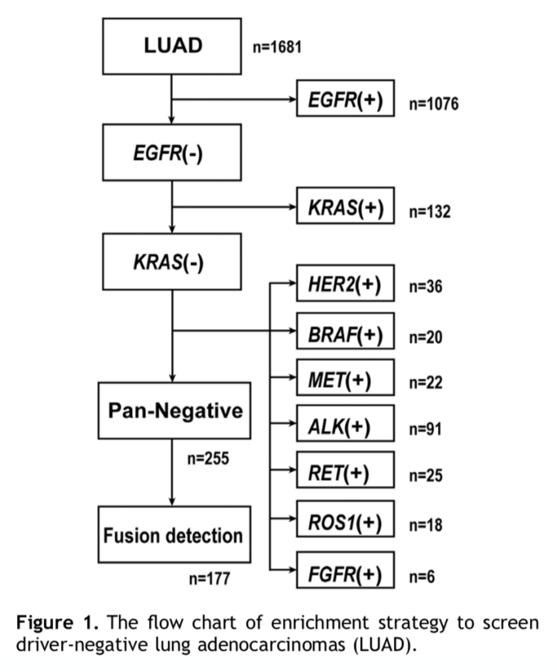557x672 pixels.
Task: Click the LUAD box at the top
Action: (172, 46)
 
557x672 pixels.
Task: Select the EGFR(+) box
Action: (345, 98)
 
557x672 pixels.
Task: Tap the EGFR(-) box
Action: (172, 152)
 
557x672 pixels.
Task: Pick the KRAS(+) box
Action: (345, 206)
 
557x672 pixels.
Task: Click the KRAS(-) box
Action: (172, 261)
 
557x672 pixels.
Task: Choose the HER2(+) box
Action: (345, 283)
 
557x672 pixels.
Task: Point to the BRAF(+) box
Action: (345, 332)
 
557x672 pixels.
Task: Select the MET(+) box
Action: (345, 378)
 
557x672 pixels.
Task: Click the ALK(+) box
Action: (345, 424)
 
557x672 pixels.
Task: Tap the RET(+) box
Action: (345, 470)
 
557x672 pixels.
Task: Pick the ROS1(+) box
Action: (345, 519)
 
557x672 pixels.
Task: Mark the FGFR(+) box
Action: (345, 570)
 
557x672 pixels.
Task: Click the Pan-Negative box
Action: (174, 411)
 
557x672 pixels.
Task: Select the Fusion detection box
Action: (174, 534)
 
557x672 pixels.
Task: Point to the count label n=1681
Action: (277, 46)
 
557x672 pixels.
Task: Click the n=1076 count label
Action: (433, 103)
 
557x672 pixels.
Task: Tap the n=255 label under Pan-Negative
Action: (208, 459)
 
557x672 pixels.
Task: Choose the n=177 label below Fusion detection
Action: (209, 578)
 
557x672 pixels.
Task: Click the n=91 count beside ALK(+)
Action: (425, 428)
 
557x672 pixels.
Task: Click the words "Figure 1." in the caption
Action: (58, 622)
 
